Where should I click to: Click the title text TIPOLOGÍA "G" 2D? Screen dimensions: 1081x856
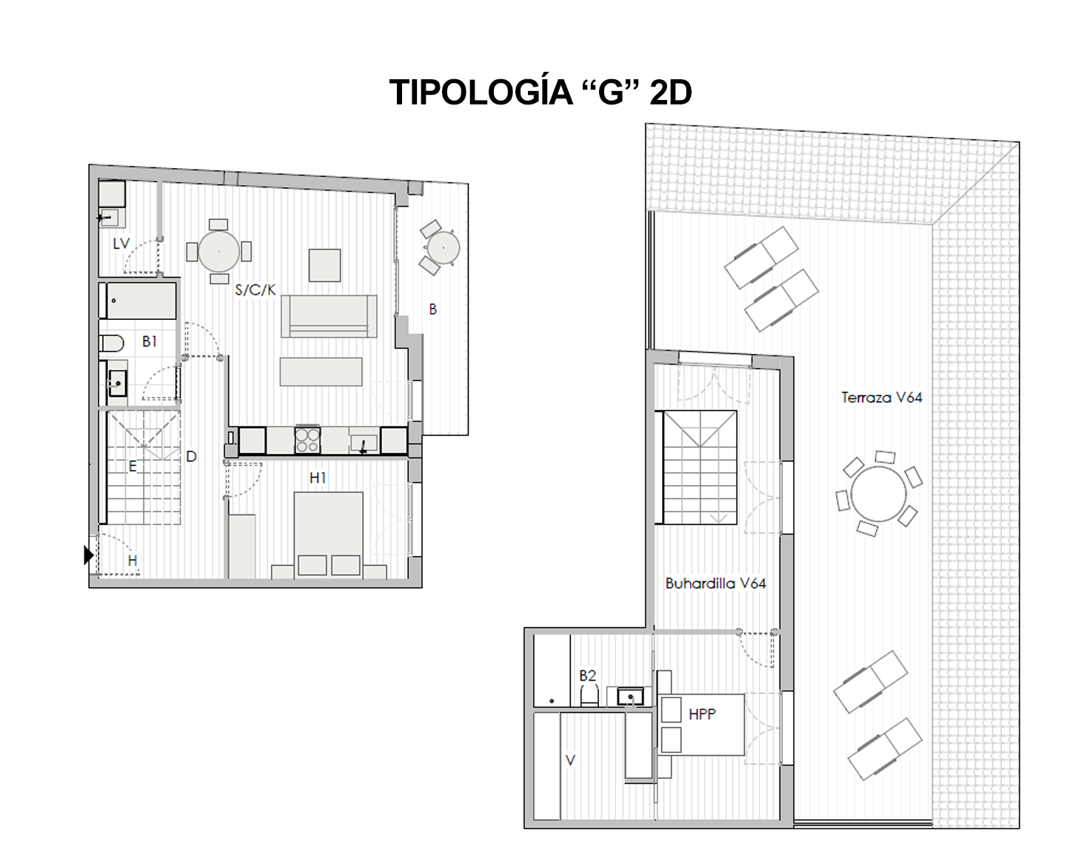540,93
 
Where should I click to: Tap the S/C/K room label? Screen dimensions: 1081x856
255,290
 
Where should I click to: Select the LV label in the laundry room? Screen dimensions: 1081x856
121,244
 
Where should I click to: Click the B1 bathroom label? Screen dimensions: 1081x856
150,341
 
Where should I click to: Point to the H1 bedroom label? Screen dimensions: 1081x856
318,478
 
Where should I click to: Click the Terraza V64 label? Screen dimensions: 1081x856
882,398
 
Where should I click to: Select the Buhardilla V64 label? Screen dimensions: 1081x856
716,584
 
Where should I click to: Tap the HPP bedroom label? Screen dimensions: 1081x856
702,714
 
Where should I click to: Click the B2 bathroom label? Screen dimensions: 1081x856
588,675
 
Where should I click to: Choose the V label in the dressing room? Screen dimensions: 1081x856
570,760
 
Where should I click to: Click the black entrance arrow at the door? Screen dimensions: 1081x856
89,555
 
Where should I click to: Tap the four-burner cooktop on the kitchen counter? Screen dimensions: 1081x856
307,440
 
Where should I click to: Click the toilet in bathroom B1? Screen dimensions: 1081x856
112,344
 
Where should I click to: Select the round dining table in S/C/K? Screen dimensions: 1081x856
219,251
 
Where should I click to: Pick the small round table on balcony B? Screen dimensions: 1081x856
443,247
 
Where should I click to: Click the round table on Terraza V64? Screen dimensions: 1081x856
879,494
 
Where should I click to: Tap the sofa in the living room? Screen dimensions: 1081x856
329,316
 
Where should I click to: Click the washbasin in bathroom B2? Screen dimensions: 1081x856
630,697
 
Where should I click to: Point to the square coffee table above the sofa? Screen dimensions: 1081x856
324,265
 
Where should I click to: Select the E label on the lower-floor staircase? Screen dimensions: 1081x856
133,467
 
